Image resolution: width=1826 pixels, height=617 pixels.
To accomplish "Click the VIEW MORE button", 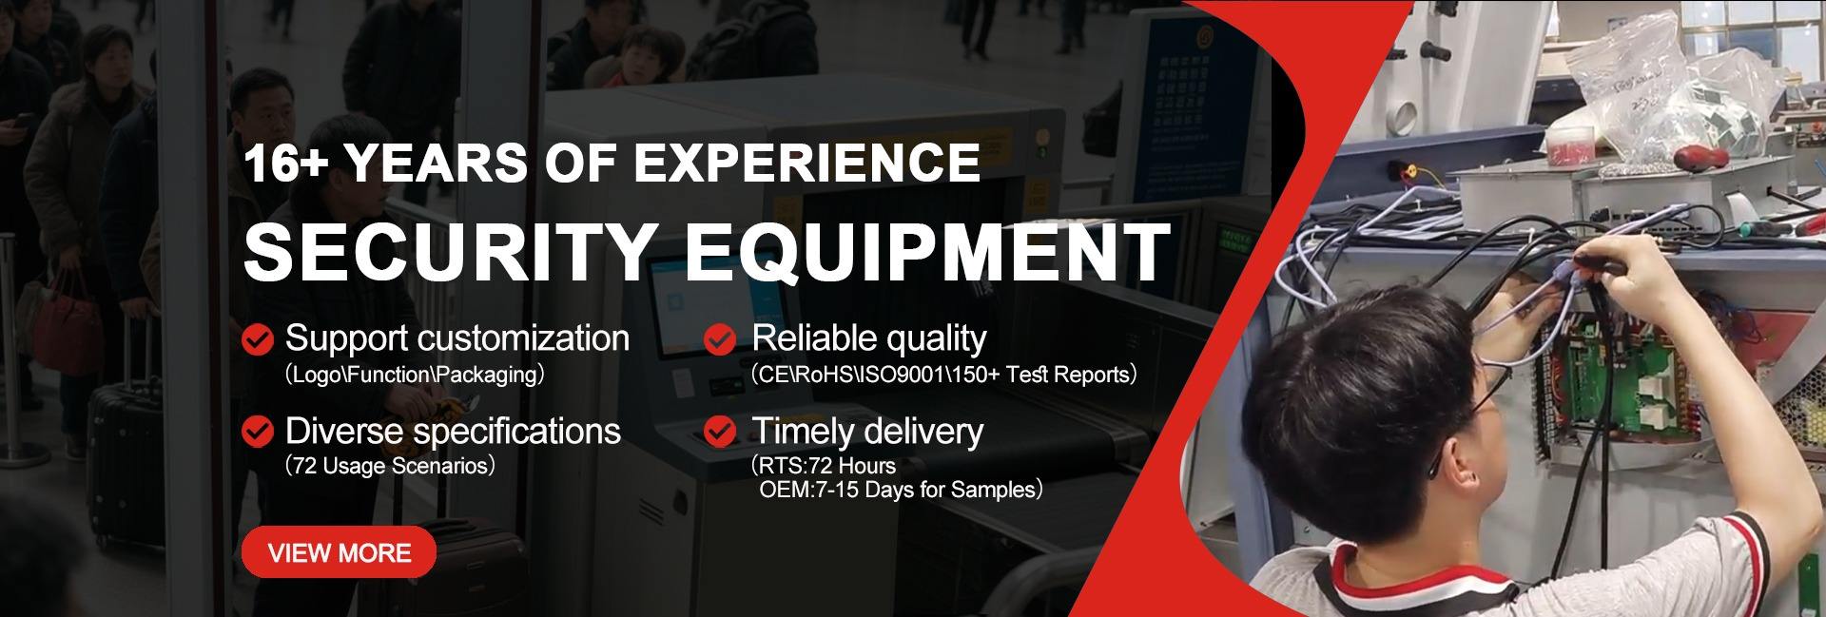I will tap(339, 553).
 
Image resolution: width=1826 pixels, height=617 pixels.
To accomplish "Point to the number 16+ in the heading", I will tap(285, 164).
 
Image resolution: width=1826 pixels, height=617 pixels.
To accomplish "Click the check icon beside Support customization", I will tap(258, 339).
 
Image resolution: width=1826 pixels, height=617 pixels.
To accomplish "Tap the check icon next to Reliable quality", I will tap(720, 339).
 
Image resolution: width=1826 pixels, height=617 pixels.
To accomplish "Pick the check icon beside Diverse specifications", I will tap(258, 432).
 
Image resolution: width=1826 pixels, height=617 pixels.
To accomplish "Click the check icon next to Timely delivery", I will tap(720, 432).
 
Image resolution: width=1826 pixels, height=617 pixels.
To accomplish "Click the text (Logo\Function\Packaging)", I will tap(415, 375).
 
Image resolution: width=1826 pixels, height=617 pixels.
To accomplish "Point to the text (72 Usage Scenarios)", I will tap(390, 466).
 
